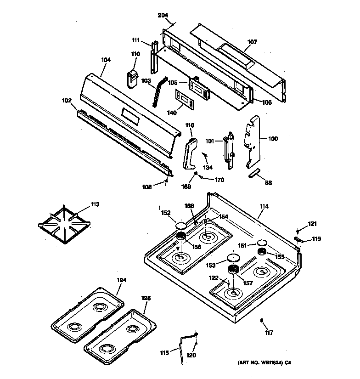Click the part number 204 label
click(163, 15)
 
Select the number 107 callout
click(252, 42)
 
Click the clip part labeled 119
click(298, 238)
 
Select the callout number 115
click(163, 352)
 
